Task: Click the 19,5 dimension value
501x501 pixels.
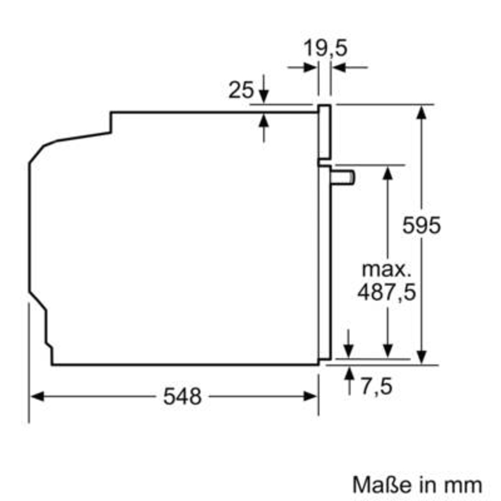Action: tap(326, 48)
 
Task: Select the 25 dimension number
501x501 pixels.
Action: tap(241, 90)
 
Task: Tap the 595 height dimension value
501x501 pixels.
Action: tap(422, 225)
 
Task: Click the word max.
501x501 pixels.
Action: tap(386, 269)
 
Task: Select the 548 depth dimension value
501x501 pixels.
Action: tap(181, 396)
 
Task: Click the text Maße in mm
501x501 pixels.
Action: tap(416, 484)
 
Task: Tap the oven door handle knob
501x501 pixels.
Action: tap(343, 176)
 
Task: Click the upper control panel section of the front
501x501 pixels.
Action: tap(325, 132)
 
